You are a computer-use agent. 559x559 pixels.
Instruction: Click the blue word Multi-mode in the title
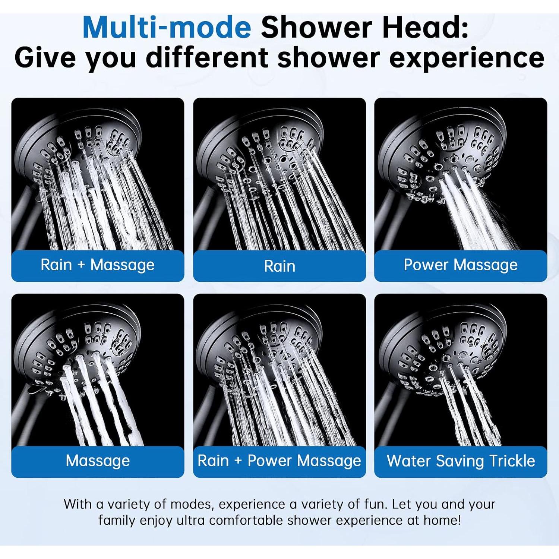pyautogui.click(x=167, y=27)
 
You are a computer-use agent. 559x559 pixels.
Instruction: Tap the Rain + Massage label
pyautogui.click(x=97, y=265)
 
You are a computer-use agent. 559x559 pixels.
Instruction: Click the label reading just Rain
pyautogui.click(x=279, y=266)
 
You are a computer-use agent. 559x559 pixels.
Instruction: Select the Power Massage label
pyautogui.click(x=461, y=265)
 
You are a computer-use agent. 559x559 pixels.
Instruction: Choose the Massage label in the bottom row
pyautogui.click(x=98, y=461)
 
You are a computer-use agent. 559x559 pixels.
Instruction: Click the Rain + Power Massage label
pyautogui.click(x=279, y=461)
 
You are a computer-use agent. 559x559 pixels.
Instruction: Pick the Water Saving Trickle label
pyautogui.click(x=461, y=461)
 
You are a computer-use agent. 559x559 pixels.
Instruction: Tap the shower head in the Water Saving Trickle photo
pyautogui.click(x=443, y=350)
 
